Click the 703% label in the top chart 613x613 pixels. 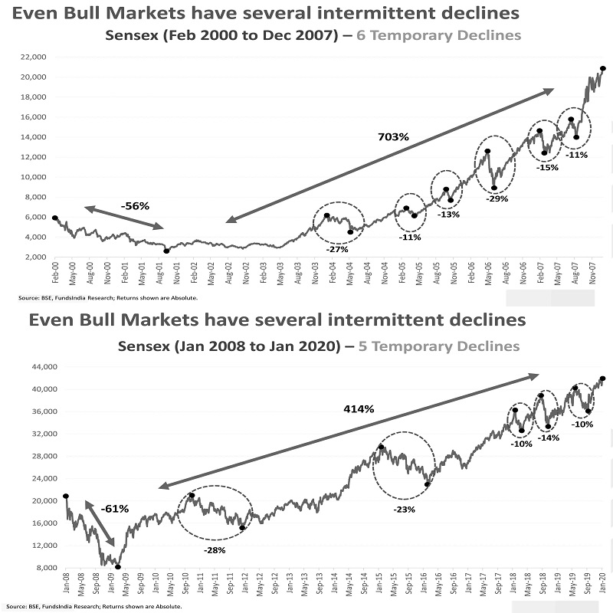(394, 137)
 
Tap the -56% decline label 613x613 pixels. (135, 206)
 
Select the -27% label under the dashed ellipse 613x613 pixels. (337, 249)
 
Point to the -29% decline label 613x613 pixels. (497, 198)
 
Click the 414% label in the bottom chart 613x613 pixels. (359, 409)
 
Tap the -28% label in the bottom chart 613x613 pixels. (215, 550)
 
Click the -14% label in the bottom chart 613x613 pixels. (548, 438)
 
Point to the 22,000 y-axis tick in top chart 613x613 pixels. (34, 57)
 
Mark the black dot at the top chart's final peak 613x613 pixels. (603, 69)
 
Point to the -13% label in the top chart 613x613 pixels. (449, 215)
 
